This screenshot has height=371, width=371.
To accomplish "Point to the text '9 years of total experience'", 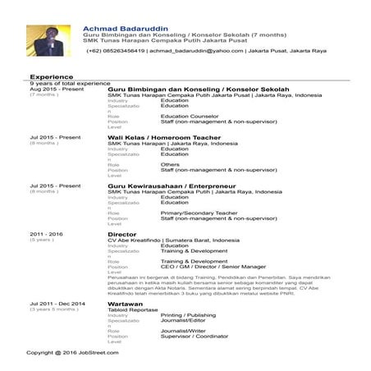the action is (x=70, y=84).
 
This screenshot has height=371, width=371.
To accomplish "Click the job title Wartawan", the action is (x=126, y=304).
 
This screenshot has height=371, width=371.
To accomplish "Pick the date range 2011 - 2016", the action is (x=46, y=234).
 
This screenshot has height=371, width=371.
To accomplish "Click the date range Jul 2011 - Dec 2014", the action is (x=57, y=304).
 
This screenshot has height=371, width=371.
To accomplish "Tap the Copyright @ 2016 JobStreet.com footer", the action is (x=72, y=352).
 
